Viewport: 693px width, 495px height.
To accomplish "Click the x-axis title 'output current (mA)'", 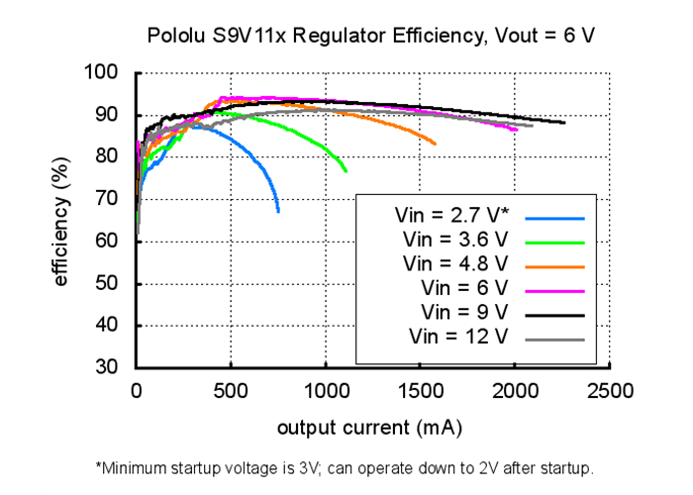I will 369,428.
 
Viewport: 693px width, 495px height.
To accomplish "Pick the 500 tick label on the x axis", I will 231,391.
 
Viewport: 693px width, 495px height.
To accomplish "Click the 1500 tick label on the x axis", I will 420,391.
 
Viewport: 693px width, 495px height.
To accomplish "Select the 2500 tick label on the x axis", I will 609,391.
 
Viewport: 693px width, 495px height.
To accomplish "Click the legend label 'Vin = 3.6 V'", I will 456,241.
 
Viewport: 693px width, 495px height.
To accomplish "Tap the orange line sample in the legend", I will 556,265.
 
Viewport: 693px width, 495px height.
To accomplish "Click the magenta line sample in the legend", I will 556,290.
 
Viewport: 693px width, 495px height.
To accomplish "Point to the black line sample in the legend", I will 556,314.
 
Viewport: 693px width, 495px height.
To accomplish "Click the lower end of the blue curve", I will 278,211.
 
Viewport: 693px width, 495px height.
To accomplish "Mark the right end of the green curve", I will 346,171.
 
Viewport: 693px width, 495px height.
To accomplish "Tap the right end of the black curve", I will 564,123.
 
